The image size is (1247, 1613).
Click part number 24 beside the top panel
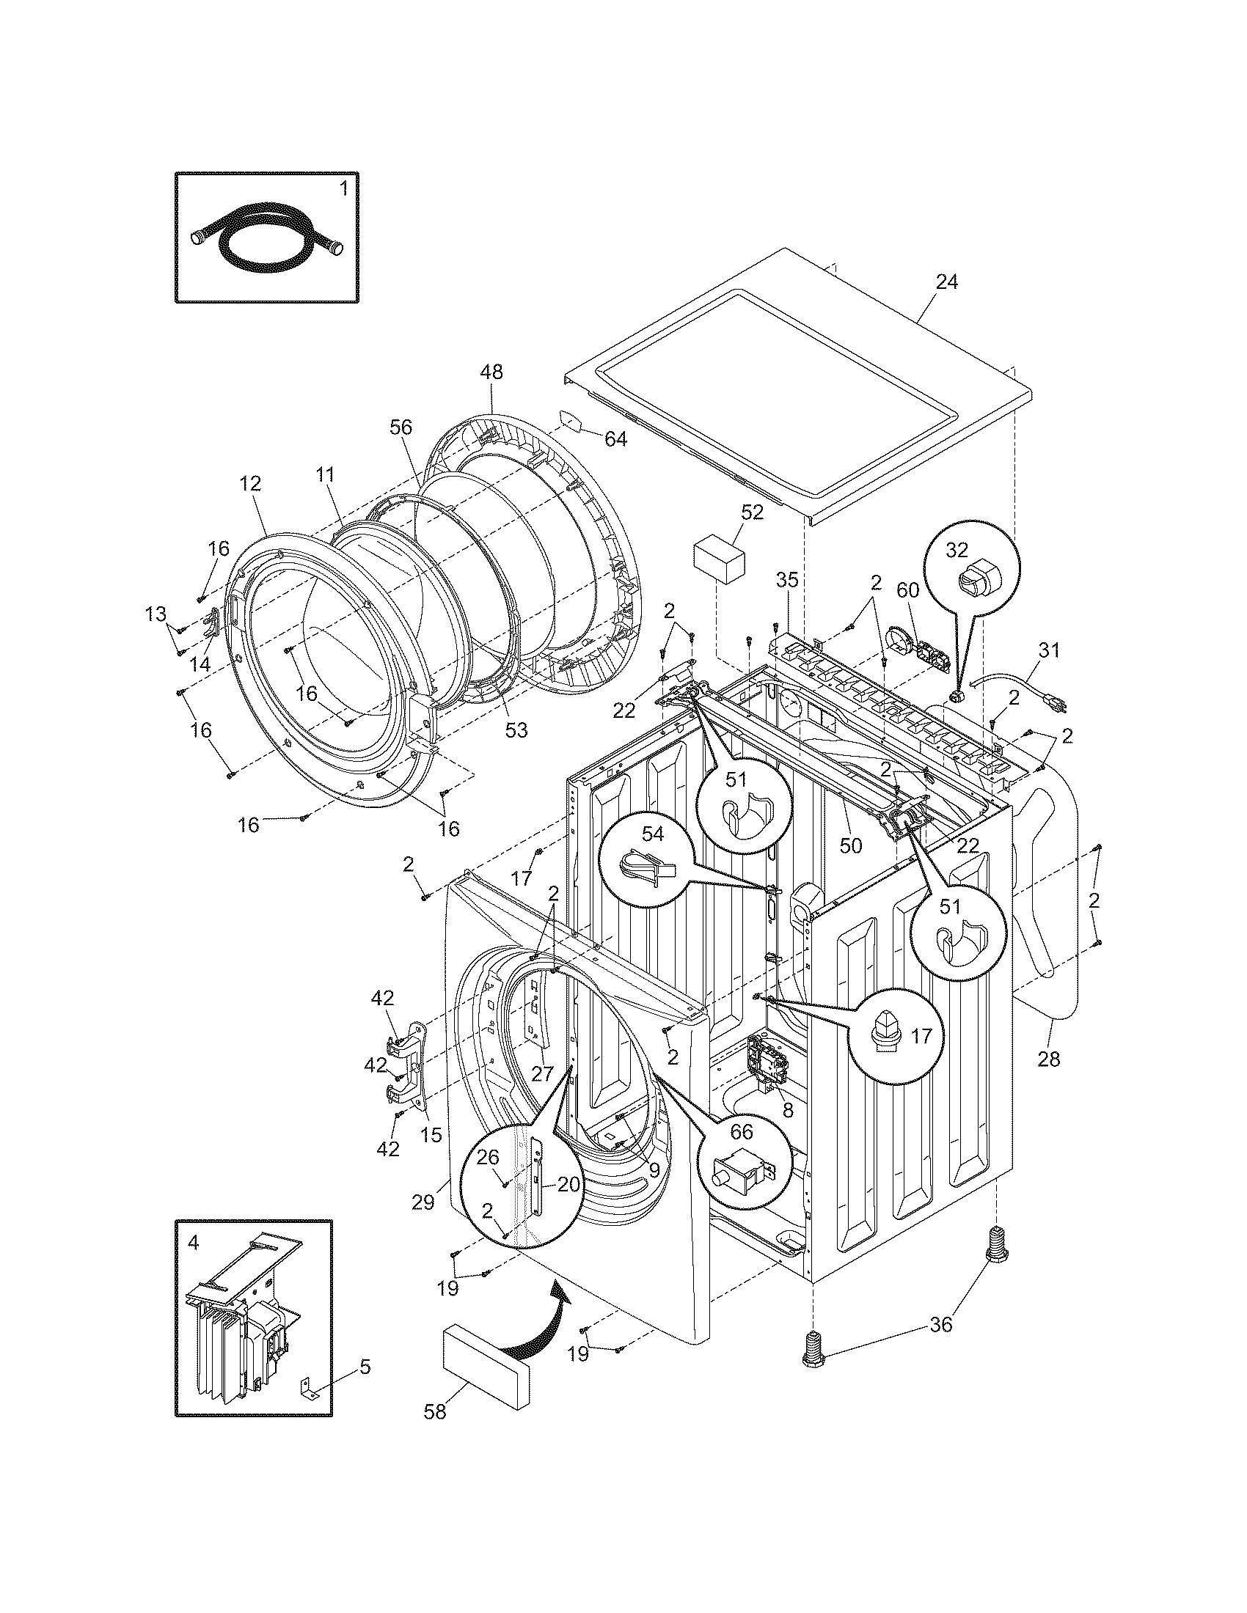click(x=946, y=282)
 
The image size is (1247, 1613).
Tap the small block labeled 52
click(x=718, y=565)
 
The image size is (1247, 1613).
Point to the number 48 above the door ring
click(x=491, y=372)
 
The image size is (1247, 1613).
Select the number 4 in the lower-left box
click(x=193, y=1243)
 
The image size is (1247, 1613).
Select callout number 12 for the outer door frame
click(x=250, y=484)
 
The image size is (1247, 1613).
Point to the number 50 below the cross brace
click(x=851, y=845)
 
